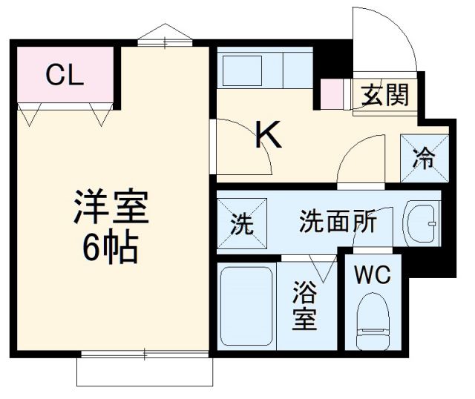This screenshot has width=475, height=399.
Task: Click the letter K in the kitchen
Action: click(269, 135)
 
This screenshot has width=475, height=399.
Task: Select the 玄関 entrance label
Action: click(384, 94)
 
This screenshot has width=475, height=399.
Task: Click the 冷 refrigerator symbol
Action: click(423, 158)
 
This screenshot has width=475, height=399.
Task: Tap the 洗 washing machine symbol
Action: click(240, 223)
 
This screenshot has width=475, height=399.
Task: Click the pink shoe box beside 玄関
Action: click(331, 93)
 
